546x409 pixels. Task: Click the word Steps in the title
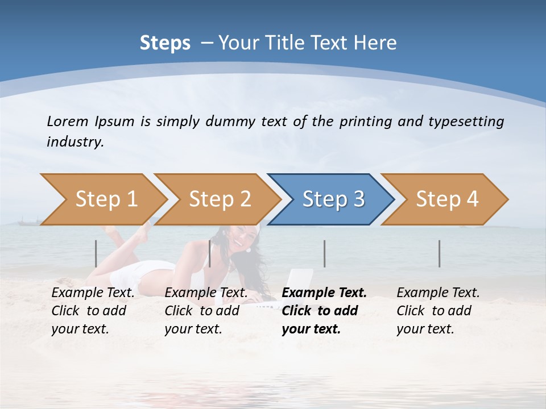coord(165,43)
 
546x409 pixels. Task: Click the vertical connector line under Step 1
coord(96,253)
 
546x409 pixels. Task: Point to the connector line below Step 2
coord(210,253)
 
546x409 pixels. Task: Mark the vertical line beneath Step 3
coord(324,253)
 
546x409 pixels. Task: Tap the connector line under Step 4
coord(439,253)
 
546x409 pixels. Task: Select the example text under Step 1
coord(93,311)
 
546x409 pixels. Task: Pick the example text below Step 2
coord(206,311)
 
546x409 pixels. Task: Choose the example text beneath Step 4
coord(438,311)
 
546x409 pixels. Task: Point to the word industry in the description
coord(75,141)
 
